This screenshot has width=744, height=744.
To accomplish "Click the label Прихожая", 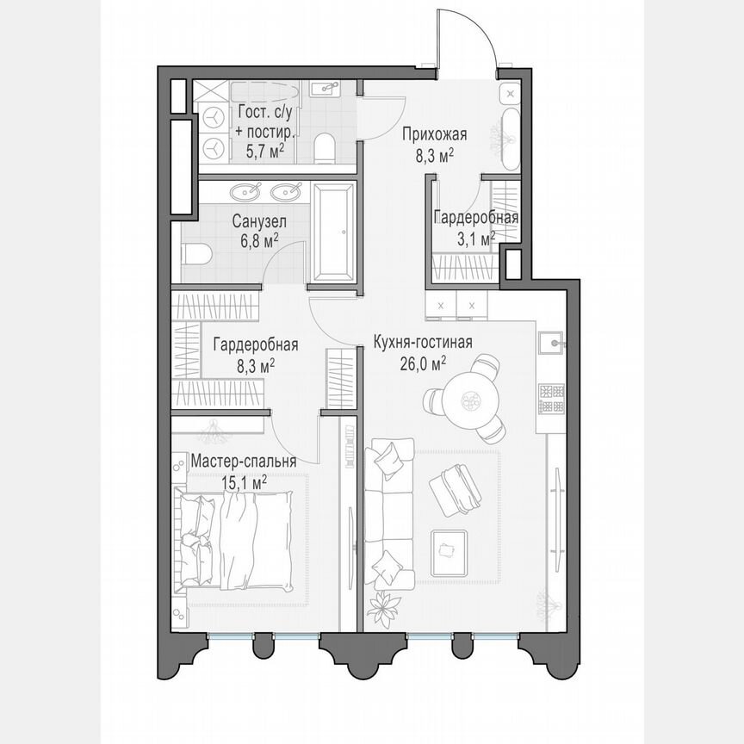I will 435,133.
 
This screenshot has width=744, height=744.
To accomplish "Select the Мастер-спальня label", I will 244,462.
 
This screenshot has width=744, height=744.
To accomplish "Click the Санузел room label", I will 259,221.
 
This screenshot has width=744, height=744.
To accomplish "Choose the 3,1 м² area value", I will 475,238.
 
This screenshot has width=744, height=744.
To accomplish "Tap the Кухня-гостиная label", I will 422,343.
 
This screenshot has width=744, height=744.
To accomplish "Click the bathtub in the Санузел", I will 333,232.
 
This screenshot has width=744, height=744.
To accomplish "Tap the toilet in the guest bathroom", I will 325,147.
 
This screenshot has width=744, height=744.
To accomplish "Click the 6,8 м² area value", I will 259,242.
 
